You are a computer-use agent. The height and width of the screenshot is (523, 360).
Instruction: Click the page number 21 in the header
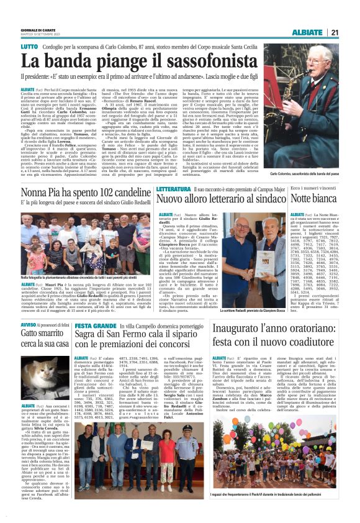351,33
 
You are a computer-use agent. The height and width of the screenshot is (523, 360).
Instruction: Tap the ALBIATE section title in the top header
322,33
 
